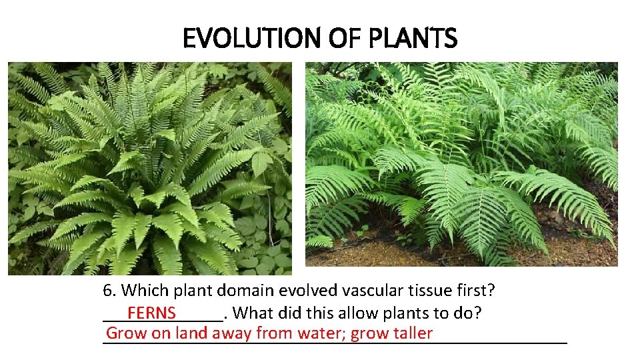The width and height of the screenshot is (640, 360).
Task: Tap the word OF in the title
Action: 339,39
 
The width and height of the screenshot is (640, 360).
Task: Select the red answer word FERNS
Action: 152,313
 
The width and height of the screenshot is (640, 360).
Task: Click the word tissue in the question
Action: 427,291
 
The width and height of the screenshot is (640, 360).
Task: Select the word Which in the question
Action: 146,291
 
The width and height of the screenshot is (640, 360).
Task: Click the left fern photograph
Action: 150,168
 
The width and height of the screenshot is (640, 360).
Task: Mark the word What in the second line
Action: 253,313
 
